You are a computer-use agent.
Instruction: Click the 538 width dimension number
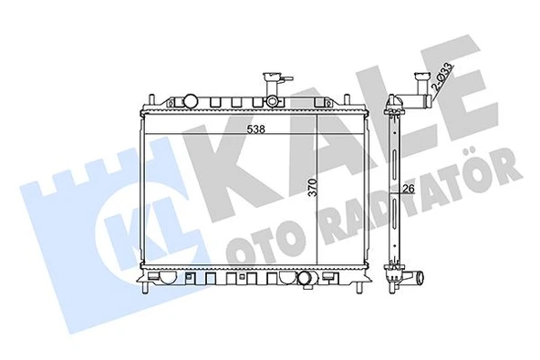(257, 129)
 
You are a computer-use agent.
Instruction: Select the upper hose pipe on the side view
(422, 88)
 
